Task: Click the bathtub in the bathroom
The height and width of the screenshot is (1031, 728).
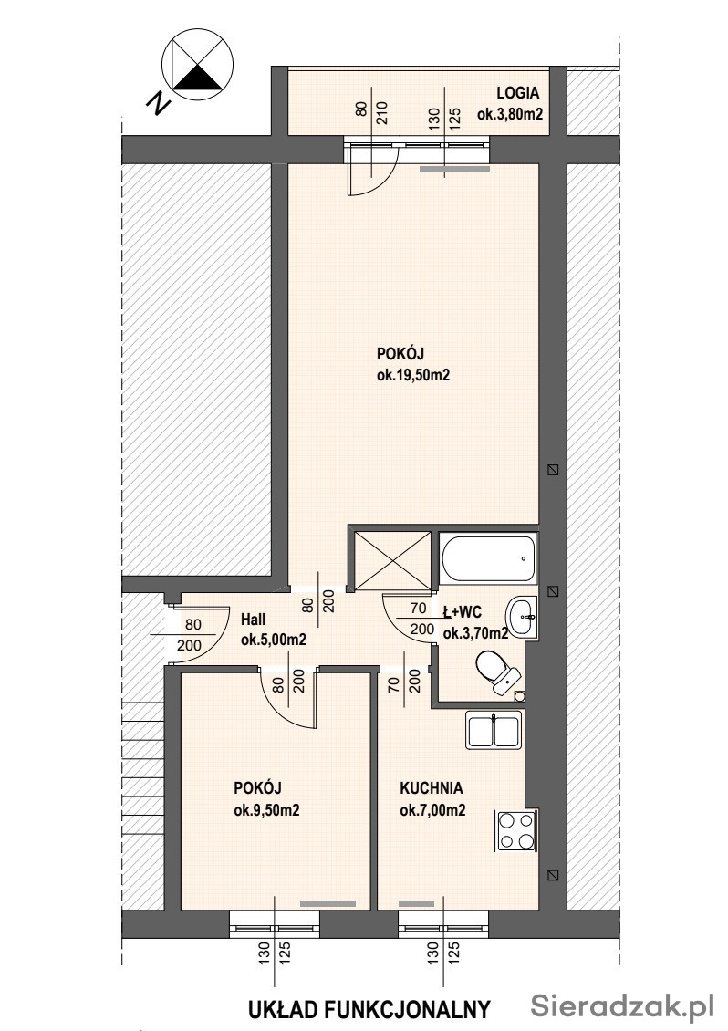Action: click(x=489, y=558)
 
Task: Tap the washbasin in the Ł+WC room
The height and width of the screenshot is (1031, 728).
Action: click(x=522, y=618)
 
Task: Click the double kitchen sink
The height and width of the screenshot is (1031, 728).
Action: click(x=494, y=730)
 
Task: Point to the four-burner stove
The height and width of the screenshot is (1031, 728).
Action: click(x=516, y=830)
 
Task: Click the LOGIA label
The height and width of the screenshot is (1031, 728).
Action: click(x=517, y=94)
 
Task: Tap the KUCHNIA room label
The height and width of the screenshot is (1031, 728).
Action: click(x=432, y=787)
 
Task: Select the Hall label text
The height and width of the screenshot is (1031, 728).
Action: click(x=254, y=619)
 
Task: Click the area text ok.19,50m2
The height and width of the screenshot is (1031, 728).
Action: click(x=413, y=375)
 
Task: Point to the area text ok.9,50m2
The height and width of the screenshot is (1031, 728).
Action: click(x=267, y=810)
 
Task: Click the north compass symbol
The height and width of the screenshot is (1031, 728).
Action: click(x=197, y=64)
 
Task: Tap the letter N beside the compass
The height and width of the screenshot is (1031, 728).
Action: click(x=158, y=103)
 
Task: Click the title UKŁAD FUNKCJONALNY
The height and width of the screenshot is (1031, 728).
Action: click(x=369, y=1009)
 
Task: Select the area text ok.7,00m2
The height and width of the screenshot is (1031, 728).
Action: click(x=432, y=810)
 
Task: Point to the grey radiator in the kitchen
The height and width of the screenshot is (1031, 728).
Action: click(x=416, y=903)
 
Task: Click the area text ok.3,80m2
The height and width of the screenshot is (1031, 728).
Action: click(x=510, y=114)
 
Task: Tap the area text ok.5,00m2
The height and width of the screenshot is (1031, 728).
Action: click(x=274, y=639)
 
